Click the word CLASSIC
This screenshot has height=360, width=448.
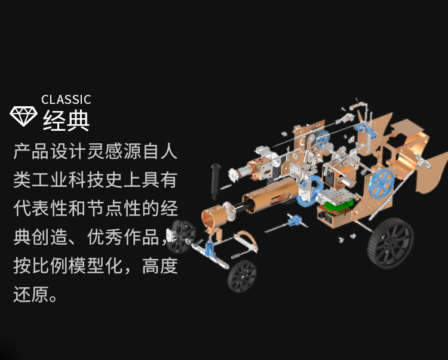[66, 100]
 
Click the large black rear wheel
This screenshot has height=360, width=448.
[390, 242]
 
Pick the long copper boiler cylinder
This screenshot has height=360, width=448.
[269, 196]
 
